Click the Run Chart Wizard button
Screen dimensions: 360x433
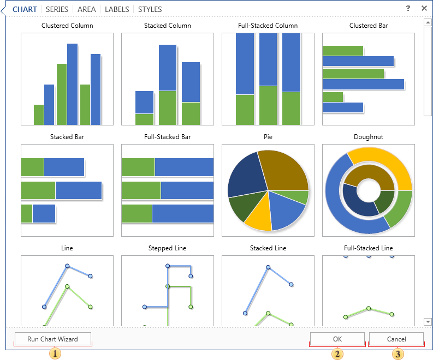[52, 339]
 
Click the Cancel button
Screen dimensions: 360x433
[396, 339]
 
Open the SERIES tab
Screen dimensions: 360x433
[57, 9]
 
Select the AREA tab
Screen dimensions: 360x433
[87, 9]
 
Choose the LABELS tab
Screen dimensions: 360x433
[117, 9]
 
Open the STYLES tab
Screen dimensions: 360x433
[150, 9]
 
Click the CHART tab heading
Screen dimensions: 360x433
[25, 9]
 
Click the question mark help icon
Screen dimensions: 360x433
[408, 8]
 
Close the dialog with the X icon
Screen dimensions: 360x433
[424, 8]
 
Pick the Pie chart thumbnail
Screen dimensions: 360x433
[268, 190]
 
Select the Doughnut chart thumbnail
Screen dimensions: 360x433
[368, 190]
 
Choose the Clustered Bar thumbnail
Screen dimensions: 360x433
[368, 79]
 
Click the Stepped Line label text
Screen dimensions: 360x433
[167, 248]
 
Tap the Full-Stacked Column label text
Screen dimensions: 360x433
[268, 26]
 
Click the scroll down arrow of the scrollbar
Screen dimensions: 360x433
[428, 322]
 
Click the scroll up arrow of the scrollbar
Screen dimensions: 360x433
[428, 22]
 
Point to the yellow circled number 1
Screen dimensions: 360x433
[55, 353]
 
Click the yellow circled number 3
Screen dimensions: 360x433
[399, 353]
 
